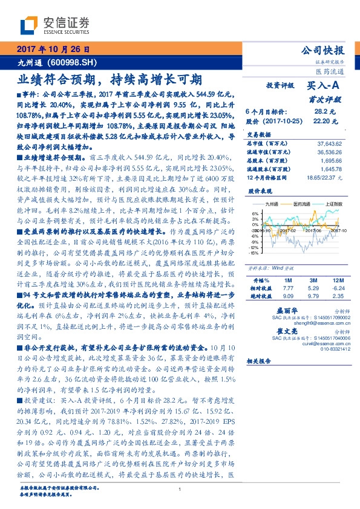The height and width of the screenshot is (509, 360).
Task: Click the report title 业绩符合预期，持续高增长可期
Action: (110, 79)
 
